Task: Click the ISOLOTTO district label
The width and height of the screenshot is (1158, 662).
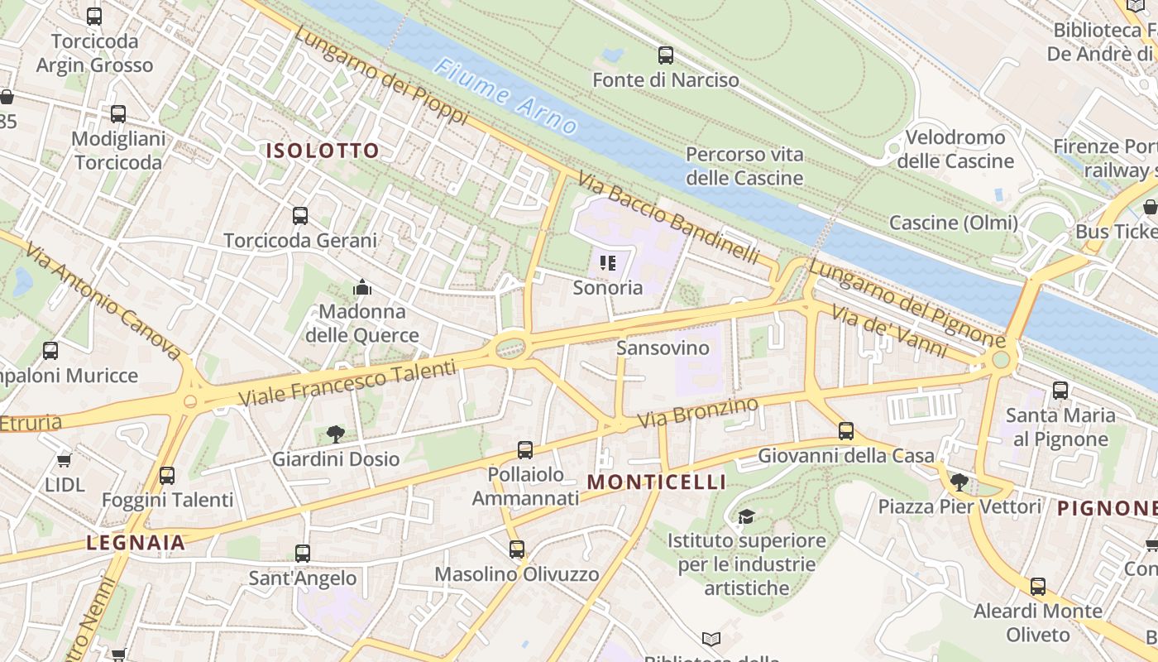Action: point(322,151)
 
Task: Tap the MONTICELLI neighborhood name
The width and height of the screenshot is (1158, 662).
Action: point(657,482)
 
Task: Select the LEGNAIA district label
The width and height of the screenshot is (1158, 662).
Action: point(136,543)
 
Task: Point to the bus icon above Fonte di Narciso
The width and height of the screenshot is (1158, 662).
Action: point(666,55)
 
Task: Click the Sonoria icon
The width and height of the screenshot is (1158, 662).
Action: point(608,264)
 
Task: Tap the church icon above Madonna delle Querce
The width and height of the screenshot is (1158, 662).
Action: point(362,287)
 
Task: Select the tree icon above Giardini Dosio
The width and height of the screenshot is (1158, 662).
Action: point(335,434)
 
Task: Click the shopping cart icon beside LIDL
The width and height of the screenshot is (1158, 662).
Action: point(64,460)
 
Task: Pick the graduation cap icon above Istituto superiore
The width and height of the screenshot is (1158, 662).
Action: point(746,516)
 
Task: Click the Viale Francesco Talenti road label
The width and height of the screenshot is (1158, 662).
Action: point(347,382)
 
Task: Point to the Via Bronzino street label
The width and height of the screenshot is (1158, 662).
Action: point(699,413)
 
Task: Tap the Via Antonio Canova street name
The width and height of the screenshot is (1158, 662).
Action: point(103,301)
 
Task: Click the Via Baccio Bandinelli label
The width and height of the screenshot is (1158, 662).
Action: point(668,218)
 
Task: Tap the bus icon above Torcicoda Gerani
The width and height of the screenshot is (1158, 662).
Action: point(300,216)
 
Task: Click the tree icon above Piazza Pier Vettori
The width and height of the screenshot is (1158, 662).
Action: point(959,481)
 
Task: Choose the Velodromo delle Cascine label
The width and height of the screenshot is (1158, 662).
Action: point(955,149)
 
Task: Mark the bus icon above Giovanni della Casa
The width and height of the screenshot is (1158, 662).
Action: point(845,430)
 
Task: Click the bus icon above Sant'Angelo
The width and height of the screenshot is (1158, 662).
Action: point(303,553)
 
